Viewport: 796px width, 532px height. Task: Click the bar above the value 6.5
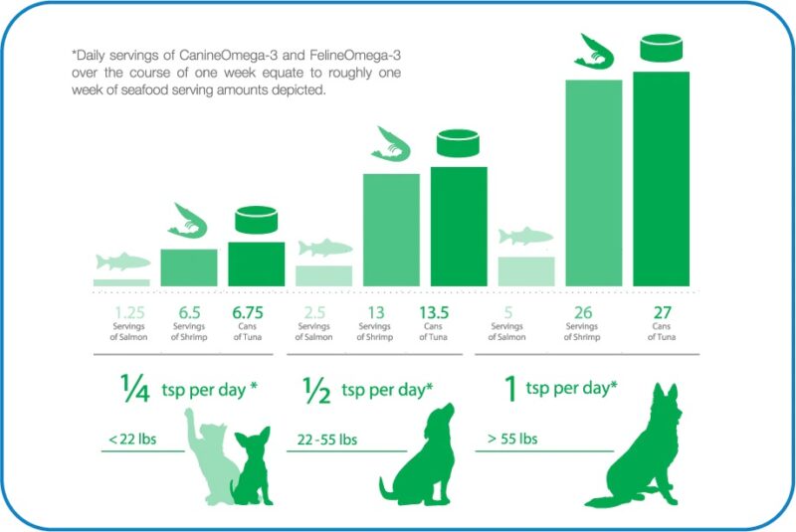[188, 267]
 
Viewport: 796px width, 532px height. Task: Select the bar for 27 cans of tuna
[661, 179]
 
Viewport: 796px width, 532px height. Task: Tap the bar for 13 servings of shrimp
[390, 230]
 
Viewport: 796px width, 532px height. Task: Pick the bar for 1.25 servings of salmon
[121, 282]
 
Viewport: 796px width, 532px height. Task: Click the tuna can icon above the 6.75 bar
[256, 220]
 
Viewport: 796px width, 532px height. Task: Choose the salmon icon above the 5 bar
[525, 237]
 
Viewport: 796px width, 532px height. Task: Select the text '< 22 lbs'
[131, 440]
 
